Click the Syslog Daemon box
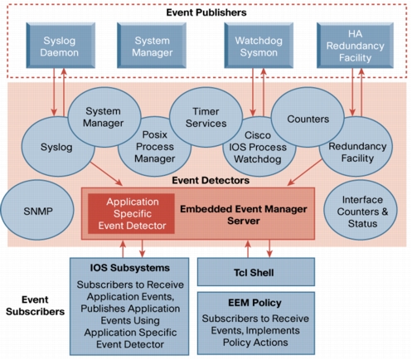pyautogui.click(x=61, y=46)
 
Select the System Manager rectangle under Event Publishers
pyautogui.click(x=152, y=46)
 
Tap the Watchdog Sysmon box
pyautogui.click(x=259, y=46)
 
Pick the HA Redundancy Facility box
pyautogui.click(x=355, y=46)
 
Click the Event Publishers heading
pyautogui.click(x=206, y=12)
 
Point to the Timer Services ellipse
pyautogui.click(x=206, y=117)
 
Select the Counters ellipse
pyautogui.click(x=308, y=117)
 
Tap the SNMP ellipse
pyautogui.click(x=37, y=210)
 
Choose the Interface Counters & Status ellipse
pyautogui.click(x=361, y=210)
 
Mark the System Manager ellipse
pyautogui.click(x=104, y=117)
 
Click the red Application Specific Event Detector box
pyautogui.click(x=131, y=214)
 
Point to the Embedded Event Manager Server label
pyautogui.click(x=244, y=215)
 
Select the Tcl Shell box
pyautogui.click(x=256, y=272)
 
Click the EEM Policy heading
pyautogui.click(x=254, y=303)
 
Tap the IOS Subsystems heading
pyautogui.click(x=130, y=268)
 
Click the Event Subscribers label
pyautogui.click(x=35, y=305)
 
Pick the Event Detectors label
pyautogui.click(x=211, y=181)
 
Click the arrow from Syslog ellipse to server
pyautogui.click(x=106, y=173)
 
